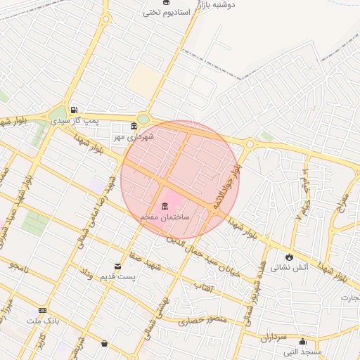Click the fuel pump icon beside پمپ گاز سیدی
[74, 110]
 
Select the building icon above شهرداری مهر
[134, 127]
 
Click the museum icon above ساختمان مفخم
[165, 206]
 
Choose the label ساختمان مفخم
[165, 217]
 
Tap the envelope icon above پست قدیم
[117, 266]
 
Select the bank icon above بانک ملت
[42, 310]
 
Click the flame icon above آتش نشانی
[289, 257]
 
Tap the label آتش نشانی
[289, 268]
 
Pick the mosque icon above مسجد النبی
[302, 342]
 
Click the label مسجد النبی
[302, 352]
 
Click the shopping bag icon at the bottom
[105, 343]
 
